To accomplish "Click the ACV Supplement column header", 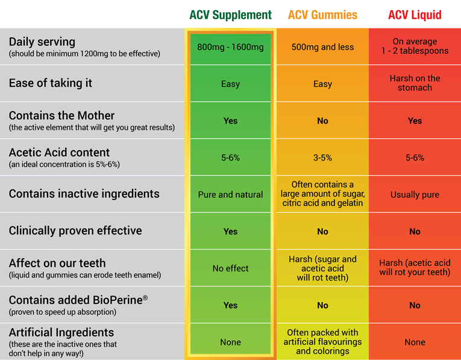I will click(x=230, y=14).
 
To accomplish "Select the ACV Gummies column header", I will click(x=322, y=14).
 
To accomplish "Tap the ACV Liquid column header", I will click(x=415, y=14).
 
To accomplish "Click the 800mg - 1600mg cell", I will click(x=230, y=46).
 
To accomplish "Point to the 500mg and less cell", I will click(x=322, y=46).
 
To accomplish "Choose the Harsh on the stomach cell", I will click(x=415, y=83).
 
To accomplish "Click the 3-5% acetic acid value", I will click(x=322, y=157).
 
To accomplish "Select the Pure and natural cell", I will click(x=230, y=195).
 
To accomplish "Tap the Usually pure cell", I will click(x=415, y=195).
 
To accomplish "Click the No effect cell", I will click(x=230, y=268).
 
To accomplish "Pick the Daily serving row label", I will click(x=42, y=42).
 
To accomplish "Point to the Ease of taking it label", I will click(x=51, y=83).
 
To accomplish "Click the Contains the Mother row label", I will click(x=61, y=115).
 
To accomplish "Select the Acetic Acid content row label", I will click(x=59, y=153).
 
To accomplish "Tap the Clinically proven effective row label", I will click(x=75, y=231).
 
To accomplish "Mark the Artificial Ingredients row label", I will click(x=61, y=332).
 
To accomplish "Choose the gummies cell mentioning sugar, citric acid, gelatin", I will click(x=322, y=194).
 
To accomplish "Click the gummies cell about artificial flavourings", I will click(x=322, y=341).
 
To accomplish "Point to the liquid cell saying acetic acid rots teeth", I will click(x=415, y=268).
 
